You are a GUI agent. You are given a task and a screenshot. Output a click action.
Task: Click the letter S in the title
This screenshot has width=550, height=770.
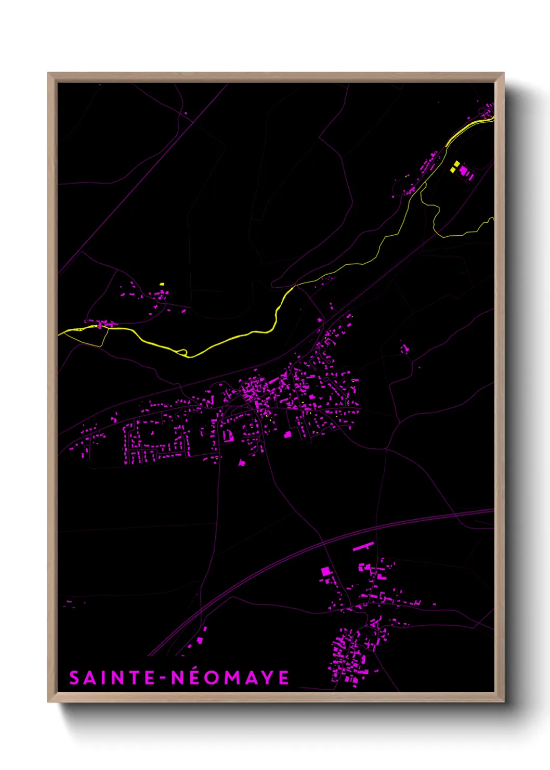click(75, 678)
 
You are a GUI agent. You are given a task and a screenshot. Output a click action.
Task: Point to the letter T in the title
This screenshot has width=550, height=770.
click(135, 678)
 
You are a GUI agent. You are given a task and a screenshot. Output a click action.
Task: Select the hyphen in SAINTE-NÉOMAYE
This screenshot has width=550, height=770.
click(164, 678)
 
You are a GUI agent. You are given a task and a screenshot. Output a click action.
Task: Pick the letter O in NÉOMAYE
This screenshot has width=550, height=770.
click(213, 678)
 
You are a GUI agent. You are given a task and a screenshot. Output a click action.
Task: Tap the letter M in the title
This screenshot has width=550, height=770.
click(234, 678)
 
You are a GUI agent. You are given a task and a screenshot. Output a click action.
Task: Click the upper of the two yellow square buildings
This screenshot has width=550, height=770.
click(457, 163)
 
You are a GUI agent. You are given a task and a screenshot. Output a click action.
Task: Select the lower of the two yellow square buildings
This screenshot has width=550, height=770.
click(453, 170)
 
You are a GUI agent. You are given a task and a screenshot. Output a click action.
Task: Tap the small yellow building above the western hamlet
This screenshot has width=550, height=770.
click(162, 284)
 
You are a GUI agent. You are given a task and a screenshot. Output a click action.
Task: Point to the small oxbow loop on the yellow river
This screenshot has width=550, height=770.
click(182, 352)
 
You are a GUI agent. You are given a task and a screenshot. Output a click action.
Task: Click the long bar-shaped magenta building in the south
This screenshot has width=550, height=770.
click(363, 546)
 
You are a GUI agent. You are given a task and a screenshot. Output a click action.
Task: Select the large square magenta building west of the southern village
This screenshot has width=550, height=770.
click(326, 571)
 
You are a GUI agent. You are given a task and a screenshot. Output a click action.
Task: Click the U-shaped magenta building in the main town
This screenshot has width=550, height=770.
click(228, 435)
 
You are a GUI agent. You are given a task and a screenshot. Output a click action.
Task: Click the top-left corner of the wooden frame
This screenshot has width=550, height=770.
click(48, 73)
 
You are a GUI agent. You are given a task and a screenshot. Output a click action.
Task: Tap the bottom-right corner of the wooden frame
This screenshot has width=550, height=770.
click(504, 702)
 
